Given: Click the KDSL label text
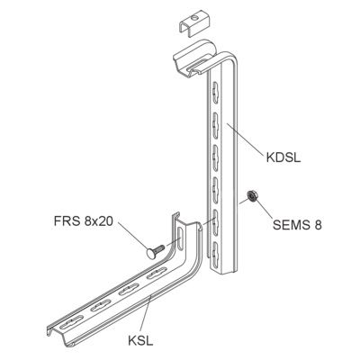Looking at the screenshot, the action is point(283,157).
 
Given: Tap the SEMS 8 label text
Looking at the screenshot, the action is point(297,225).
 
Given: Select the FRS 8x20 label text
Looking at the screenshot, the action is point(84,221).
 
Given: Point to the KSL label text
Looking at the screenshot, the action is point(140,341).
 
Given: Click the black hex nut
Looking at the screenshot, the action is point(251,196).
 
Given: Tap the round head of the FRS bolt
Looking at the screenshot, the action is point(151,253).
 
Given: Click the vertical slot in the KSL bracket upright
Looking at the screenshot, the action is point(180,238).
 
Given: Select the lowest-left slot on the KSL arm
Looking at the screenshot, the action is point(71,322).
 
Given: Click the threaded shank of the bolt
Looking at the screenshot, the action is point(160,248).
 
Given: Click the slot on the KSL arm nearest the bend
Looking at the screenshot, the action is point(157,273).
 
